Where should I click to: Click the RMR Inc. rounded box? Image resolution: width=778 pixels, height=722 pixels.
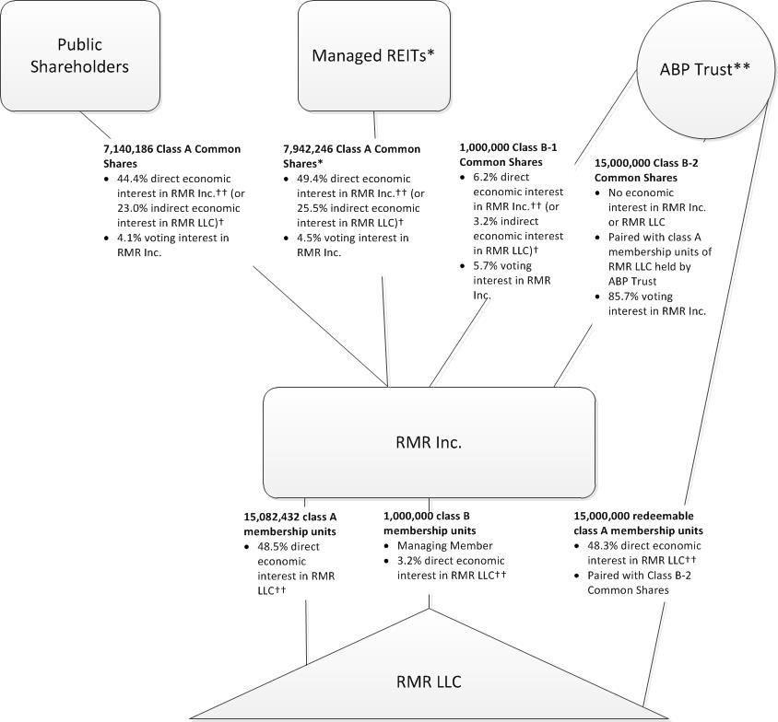click(428, 442)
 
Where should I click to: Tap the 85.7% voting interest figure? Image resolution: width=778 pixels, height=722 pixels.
click(624, 297)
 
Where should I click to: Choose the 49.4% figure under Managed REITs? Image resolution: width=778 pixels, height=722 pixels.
click(313, 178)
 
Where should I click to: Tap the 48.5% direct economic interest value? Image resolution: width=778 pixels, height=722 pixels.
click(275, 546)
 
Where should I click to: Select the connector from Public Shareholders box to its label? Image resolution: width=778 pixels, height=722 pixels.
click(95, 123)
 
